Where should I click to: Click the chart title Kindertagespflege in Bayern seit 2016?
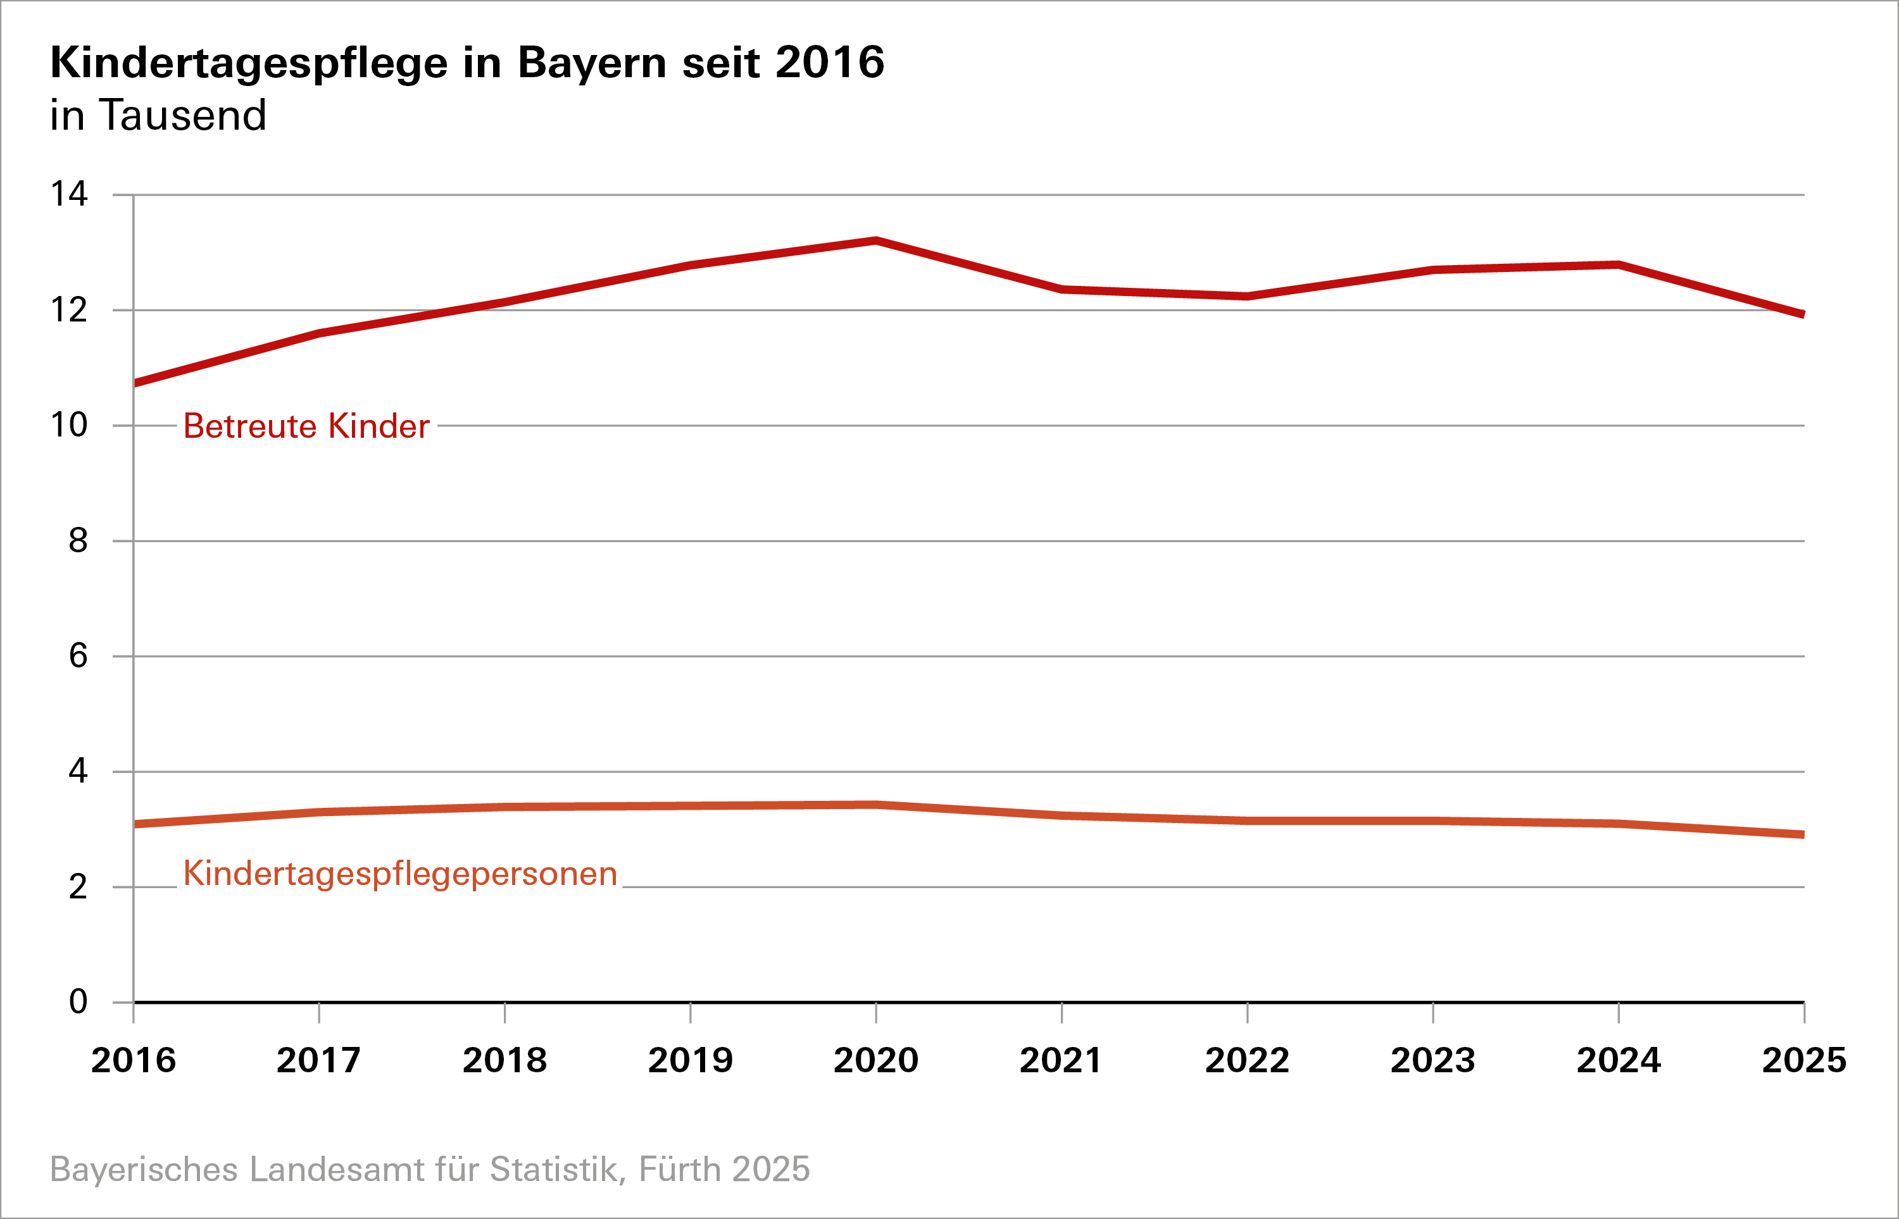tap(467, 63)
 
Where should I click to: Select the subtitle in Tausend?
tap(158, 116)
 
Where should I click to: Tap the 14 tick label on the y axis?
tap(69, 194)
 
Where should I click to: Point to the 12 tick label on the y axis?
tap(69, 309)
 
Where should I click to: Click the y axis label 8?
tap(78, 541)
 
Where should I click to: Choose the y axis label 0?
tap(78, 1001)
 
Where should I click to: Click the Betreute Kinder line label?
tap(306, 426)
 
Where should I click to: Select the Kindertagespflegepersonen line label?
tap(400, 874)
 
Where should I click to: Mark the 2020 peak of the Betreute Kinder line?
tap(876, 240)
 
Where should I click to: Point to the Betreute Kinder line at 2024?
tap(1619, 265)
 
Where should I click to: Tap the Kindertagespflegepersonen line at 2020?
tap(876, 805)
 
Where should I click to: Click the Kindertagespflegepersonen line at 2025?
tap(1801, 834)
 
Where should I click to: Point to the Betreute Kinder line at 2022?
tap(1247, 296)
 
